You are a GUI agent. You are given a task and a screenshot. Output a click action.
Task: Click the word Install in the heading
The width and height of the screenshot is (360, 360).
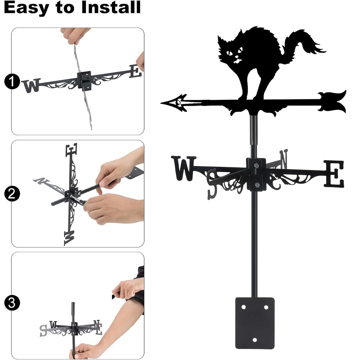click(111, 7)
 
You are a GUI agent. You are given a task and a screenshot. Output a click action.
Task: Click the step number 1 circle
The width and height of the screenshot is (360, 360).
click(12, 81)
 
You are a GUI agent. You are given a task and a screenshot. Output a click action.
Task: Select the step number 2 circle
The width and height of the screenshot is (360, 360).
click(12, 194)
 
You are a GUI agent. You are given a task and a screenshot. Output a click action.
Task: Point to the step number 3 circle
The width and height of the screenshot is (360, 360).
click(12, 303)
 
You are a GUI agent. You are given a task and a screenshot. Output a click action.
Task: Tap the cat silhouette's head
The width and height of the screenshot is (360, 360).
click(232, 50)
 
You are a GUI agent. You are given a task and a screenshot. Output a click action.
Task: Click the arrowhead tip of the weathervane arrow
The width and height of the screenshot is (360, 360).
click(161, 103)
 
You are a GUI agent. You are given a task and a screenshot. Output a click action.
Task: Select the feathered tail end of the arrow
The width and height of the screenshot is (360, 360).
click(332, 102)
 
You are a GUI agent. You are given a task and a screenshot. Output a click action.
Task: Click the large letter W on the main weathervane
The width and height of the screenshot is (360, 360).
click(184, 168)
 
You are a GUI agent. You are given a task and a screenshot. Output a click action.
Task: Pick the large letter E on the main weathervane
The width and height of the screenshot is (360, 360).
click(334, 174)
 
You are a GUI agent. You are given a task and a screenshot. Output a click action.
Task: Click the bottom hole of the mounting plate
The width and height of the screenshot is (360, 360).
click(255, 340)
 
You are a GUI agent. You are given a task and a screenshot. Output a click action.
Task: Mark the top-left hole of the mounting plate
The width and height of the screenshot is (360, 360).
click(244, 307)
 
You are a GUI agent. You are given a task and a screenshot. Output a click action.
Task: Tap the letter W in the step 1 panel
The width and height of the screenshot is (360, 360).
click(31, 85)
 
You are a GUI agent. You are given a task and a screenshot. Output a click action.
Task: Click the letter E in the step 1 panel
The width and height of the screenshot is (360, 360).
click(135, 71)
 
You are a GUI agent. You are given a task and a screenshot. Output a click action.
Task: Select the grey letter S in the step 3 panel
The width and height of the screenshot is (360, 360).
click(43, 330)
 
